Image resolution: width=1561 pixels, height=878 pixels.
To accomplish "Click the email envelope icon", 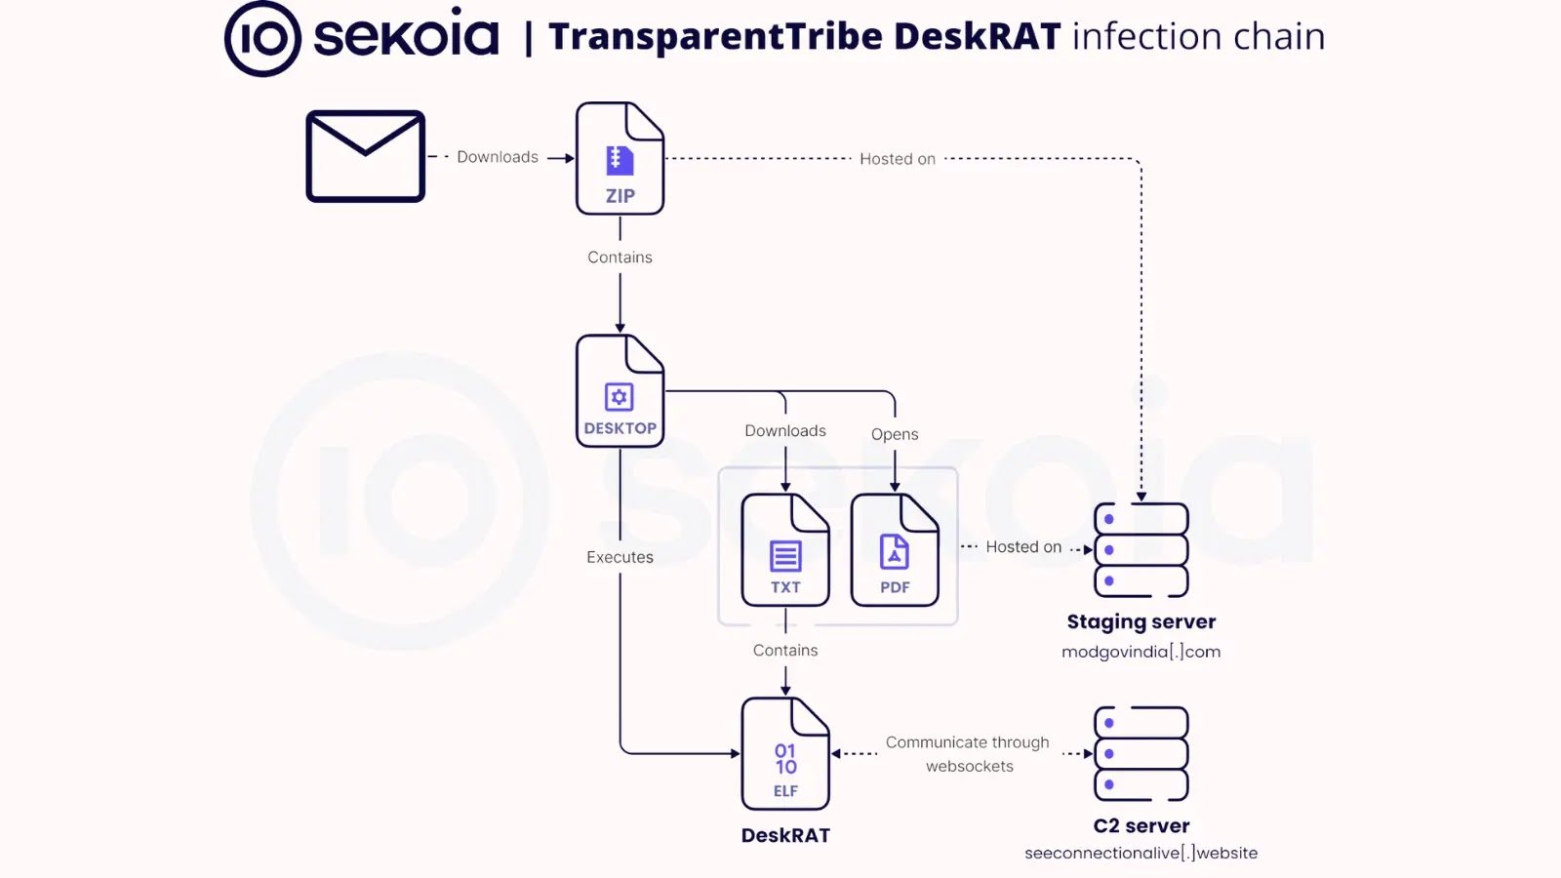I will pos(365,156).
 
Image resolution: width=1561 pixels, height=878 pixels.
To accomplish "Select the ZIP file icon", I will pos(620,158).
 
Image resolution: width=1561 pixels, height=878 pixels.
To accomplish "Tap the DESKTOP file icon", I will pos(620,391).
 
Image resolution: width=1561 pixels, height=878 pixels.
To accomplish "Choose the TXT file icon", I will pos(785,550).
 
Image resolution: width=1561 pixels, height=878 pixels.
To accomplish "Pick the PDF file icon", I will pos(895,550).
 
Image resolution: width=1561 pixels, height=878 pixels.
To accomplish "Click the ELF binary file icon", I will pos(785,754).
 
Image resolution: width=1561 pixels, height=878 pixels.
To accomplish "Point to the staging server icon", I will pos(1141,550).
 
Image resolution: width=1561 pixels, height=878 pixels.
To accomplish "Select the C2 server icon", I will pos(1141,754).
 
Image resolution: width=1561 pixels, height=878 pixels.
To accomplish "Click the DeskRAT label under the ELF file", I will pos(785,835).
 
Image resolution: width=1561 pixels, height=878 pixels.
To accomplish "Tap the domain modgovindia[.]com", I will pos(1141,652).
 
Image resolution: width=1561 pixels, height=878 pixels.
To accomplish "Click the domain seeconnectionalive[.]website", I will pos(1141,854).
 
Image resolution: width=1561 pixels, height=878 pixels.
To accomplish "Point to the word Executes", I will pos(620,557).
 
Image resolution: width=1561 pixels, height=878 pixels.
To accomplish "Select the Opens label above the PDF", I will pos(895,434).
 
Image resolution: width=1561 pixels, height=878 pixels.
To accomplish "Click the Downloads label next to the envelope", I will pos(498,157).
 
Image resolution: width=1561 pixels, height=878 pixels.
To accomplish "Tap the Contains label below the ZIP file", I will pos(620,258).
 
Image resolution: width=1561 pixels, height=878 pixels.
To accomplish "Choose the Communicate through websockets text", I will pos(968,754).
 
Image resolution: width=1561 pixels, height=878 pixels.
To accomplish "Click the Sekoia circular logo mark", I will pos(262,38).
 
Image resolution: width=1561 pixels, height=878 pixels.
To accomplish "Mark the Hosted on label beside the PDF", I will pos(1023,547).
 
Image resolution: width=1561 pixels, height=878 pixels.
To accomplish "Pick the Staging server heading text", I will pos(1141,622).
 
